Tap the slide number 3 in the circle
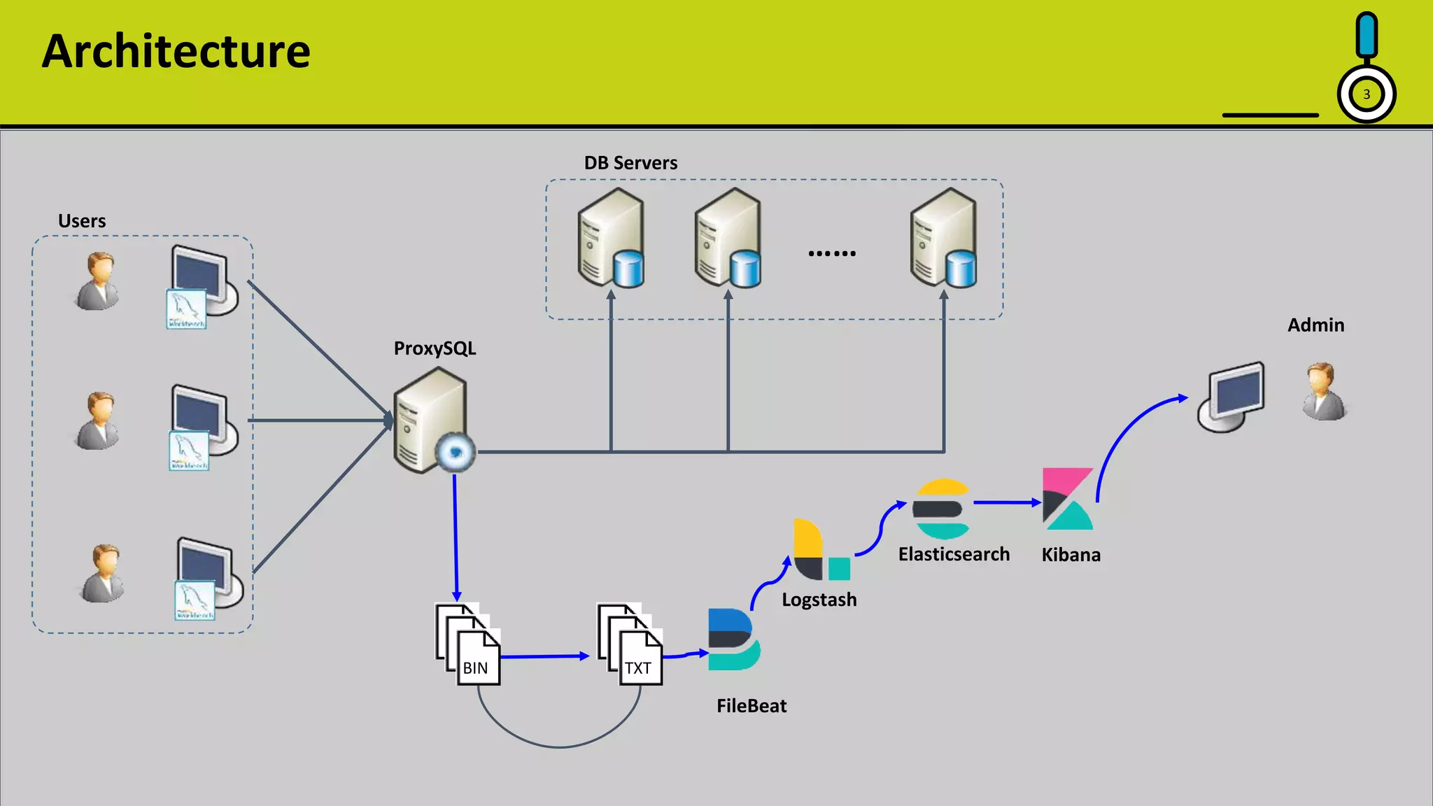pos(1366,94)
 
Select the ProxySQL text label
pos(435,348)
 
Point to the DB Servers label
pos(630,163)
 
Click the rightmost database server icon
pos(944,238)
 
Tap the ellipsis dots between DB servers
pos(831,253)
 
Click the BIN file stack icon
pos(468,644)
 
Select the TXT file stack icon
pos(630,644)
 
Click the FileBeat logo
pos(733,639)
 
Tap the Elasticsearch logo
pos(942,509)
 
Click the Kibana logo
pos(1067,499)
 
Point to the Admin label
pos(1315,325)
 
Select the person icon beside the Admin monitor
pos(1323,392)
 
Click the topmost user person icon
pos(98,281)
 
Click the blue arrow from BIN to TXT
pos(544,656)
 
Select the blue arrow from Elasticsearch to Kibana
pos(1006,502)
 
